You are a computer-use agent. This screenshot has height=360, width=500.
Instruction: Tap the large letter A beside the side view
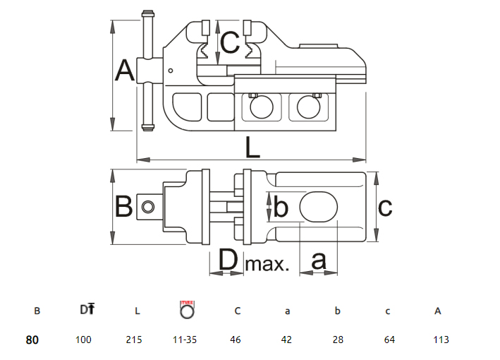125,71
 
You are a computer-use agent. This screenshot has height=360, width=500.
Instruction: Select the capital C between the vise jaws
229,43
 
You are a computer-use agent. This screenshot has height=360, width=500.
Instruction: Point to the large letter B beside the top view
124,208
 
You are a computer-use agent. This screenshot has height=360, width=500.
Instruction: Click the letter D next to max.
228,261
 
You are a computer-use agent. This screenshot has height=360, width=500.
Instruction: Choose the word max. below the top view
267,265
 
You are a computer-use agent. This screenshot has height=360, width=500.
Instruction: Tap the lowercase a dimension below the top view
319,261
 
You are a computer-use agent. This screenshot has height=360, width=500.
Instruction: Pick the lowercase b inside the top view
280,208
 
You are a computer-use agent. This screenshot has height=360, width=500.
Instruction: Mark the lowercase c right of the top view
385,208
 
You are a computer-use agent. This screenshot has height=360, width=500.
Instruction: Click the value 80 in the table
32,340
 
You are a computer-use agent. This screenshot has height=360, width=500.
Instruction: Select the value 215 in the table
134,340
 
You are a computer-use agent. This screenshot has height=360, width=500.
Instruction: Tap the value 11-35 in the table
185,340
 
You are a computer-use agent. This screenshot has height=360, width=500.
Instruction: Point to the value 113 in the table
441,340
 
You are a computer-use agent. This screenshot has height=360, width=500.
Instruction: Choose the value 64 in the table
389,340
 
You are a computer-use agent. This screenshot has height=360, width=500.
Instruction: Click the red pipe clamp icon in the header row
187,308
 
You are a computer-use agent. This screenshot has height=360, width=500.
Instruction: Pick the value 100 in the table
83,340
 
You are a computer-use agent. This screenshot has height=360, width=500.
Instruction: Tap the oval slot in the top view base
319,207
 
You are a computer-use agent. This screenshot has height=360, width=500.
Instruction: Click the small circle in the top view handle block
147,207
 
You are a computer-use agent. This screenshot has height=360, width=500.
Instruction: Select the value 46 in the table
236,340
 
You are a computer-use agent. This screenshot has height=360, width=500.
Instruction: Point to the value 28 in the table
338,340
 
